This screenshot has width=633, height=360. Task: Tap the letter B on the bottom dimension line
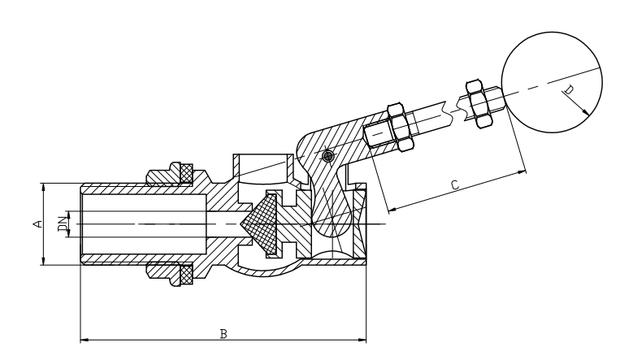[223, 334]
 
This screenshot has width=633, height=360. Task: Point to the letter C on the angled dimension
[454, 185]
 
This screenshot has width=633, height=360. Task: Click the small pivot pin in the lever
[327, 156]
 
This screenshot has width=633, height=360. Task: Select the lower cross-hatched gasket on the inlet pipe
[184, 276]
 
